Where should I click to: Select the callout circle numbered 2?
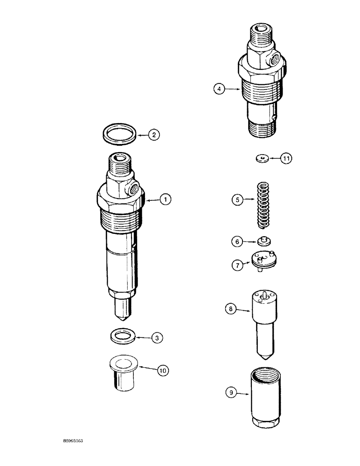point(154,135)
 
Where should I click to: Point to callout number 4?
point(220,89)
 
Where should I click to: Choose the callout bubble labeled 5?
point(238,200)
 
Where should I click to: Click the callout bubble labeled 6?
point(237,241)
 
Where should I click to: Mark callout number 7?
point(237,265)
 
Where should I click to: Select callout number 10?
point(162,370)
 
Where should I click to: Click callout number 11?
point(286,159)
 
